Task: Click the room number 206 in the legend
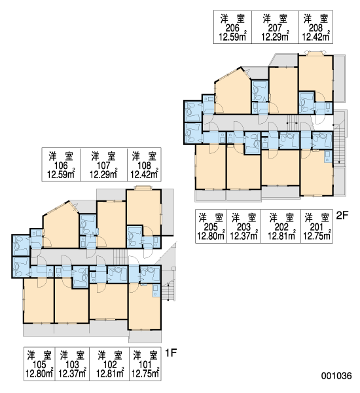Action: pyautogui.click(x=232, y=28)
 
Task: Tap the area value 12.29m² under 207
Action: pyautogui.click(x=276, y=36)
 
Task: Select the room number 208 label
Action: pyautogui.click(x=315, y=28)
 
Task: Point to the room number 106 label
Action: pyautogui.click(x=61, y=166)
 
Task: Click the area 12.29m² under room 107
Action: pyautogui.click(x=103, y=174)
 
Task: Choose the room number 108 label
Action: pyautogui.click(x=144, y=166)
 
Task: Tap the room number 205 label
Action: pyautogui.click(x=211, y=227)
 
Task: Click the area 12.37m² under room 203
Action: pyautogui.click(x=244, y=235)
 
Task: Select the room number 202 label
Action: pyautogui.click(x=281, y=227)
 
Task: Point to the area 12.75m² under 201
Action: pyautogui.click(x=317, y=235)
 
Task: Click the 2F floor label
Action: pyautogui.click(x=342, y=215)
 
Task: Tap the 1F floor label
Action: pyautogui.click(x=171, y=353)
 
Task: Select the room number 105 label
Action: pyautogui.click(x=39, y=365)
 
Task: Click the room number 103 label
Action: pyautogui.click(x=72, y=365)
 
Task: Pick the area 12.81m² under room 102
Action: pyautogui.click(x=110, y=373)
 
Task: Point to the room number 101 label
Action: pyautogui.click(x=145, y=365)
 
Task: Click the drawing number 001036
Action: pyautogui.click(x=336, y=375)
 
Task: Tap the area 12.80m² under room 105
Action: pyautogui.click(x=39, y=373)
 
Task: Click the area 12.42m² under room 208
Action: pyautogui.click(x=316, y=36)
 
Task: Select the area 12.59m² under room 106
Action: pyautogui.click(x=61, y=174)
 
